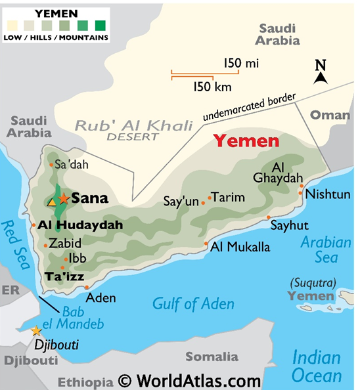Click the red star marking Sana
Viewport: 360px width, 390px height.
[64, 198]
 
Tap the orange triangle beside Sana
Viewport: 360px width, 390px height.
[52, 202]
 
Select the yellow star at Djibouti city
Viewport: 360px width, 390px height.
[36, 331]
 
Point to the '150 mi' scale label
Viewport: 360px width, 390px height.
[240, 63]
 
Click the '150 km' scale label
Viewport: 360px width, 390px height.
[212, 86]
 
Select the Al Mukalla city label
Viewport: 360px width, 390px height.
[240, 248]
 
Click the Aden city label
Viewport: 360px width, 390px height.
[101, 297]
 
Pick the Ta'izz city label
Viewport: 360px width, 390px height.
[64, 277]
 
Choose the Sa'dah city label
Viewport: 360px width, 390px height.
[71, 165]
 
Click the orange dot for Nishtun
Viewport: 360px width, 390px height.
[302, 186]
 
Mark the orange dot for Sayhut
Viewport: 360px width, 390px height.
[268, 217]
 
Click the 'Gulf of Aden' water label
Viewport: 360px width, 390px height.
[193, 303]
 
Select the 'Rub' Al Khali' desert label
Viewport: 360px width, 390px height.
[133, 125]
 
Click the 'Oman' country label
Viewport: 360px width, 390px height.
[330, 115]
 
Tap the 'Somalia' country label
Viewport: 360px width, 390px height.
[211, 357]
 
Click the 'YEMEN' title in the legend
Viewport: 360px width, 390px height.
[55, 12]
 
